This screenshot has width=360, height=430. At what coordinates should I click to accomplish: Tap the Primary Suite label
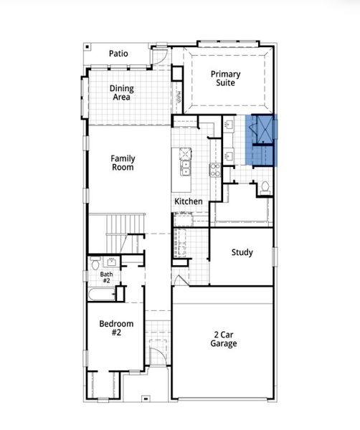click(x=225, y=78)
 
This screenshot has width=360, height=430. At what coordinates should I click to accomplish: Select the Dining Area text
click(x=121, y=93)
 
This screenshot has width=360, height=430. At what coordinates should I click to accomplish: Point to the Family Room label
click(x=123, y=163)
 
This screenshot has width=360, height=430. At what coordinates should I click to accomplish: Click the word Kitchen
click(x=189, y=201)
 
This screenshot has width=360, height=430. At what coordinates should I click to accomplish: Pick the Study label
click(x=242, y=252)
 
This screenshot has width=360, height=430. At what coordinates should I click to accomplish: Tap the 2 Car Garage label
click(x=224, y=338)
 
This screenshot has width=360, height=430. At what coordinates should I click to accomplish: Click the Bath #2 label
click(x=107, y=277)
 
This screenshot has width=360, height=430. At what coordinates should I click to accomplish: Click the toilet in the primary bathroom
click(x=265, y=187)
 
